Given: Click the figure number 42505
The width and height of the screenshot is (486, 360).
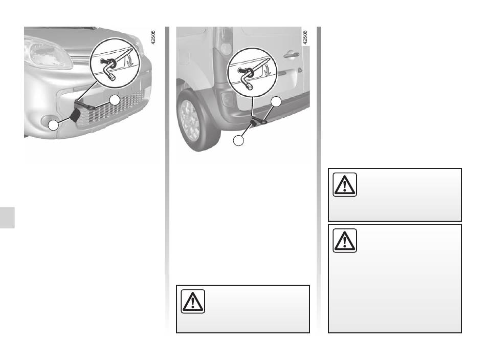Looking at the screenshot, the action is pyautogui.click(x=153, y=37).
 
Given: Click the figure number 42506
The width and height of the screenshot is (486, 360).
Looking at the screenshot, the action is pyautogui.click(x=305, y=37).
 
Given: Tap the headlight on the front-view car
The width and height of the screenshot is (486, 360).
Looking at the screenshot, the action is pyautogui.click(x=48, y=53).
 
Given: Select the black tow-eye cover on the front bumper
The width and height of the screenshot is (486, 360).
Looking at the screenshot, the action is pyautogui.click(x=76, y=115).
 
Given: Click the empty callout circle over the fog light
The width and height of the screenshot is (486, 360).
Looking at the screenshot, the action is pyautogui.click(x=53, y=125).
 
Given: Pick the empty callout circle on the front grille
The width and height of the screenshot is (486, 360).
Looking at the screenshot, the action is pyautogui.click(x=115, y=100).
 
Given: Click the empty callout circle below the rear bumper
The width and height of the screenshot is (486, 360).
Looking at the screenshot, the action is pyautogui.click(x=239, y=141).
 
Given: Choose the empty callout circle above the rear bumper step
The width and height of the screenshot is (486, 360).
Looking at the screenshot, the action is pyautogui.click(x=276, y=101).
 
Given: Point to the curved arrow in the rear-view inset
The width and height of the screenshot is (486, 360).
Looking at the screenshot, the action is pyautogui.click(x=267, y=70).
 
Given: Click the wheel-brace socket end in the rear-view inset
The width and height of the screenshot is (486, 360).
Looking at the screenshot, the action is pyautogui.click(x=250, y=86).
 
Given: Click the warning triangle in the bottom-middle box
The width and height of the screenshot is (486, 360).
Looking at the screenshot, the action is pyautogui.click(x=193, y=301).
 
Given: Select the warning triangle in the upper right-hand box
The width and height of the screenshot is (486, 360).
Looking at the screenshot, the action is pyautogui.click(x=345, y=185).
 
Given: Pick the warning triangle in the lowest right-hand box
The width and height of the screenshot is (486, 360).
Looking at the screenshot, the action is pyautogui.click(x=345, y=241).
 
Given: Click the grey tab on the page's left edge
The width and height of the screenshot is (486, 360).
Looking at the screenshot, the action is pyautogui.click(x=7, y=218).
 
